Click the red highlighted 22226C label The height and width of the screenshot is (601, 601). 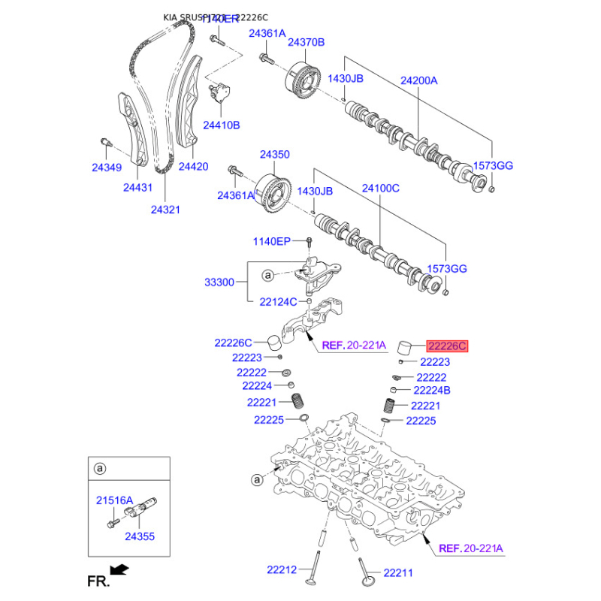448,346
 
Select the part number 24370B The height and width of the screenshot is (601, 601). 306,42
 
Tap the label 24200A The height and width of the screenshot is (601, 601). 418,80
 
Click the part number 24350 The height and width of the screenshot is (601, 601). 275,154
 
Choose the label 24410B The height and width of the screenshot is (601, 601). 221,125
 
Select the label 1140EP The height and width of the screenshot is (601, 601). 271,241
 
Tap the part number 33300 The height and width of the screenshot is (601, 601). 219,282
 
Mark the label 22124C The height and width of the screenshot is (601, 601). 278,302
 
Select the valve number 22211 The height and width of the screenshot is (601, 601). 398,573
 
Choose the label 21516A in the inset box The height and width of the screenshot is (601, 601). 114,500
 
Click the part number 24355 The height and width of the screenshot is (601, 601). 140,536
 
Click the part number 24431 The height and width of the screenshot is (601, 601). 137,188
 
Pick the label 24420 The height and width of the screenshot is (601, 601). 193,166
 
